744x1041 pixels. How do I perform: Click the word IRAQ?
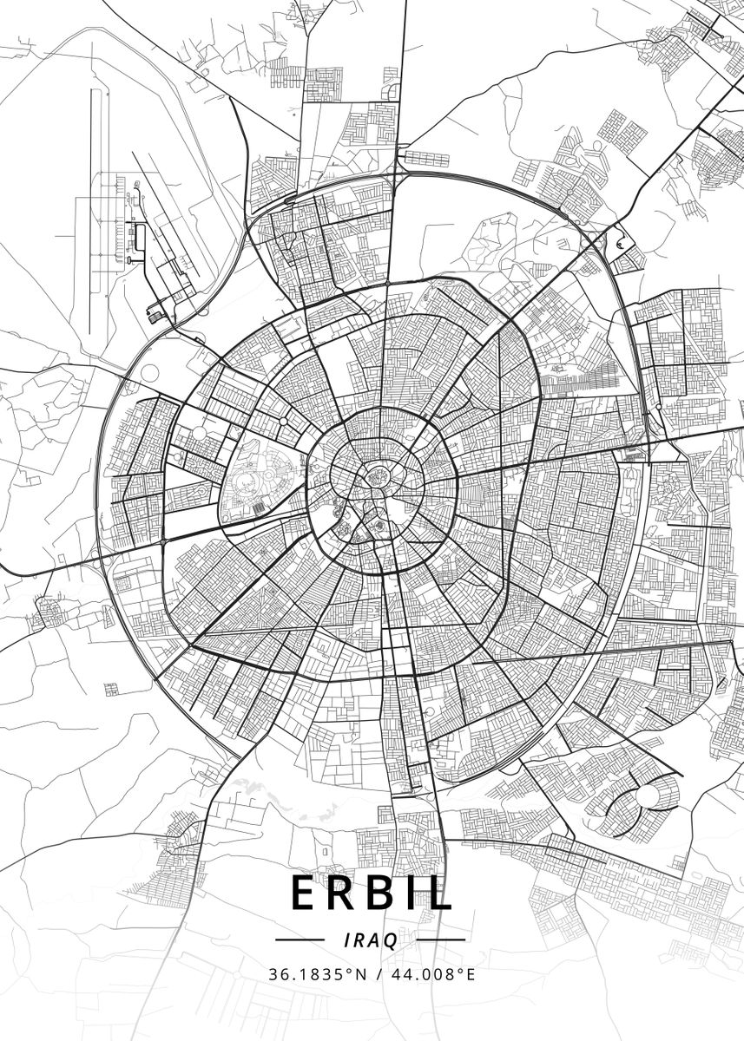372,940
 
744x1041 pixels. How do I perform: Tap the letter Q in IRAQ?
392,940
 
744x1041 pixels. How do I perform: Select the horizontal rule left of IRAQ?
299,940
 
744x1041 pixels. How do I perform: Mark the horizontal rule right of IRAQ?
446,940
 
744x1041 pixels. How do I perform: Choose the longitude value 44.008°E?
430,974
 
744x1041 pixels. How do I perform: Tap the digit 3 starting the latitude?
273,974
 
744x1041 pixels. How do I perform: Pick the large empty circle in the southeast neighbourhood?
648,795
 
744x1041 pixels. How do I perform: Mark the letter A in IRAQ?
376,940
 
